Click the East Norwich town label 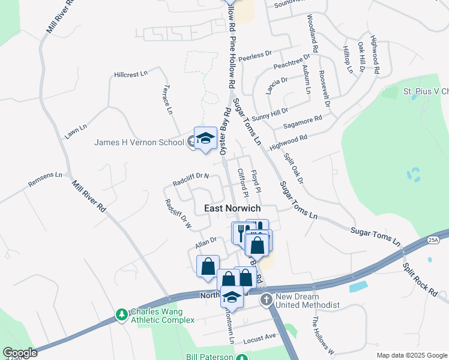[232, 208]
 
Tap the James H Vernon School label [139, 142]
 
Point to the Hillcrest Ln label [130, 75]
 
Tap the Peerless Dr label [255, 58]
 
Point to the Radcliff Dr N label [190, 179]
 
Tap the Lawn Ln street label [76, 131]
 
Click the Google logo [19, 353]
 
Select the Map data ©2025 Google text [411, 355]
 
